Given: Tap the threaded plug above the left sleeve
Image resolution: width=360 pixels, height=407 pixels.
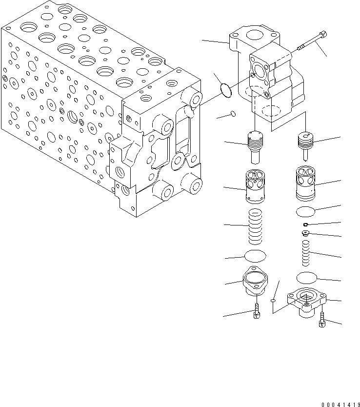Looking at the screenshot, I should [255, 144].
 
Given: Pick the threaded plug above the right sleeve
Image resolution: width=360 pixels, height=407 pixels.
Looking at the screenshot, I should [306, 145].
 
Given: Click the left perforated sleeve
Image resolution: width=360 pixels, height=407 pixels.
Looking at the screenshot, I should [255, 184].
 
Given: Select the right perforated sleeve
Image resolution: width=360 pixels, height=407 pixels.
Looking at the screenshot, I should [306, 183].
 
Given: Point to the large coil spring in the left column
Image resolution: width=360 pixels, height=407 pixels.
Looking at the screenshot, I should [255, 226].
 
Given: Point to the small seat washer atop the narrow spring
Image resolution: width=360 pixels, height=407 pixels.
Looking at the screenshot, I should [306, 234].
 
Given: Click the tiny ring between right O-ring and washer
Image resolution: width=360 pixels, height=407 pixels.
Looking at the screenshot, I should [305, 225].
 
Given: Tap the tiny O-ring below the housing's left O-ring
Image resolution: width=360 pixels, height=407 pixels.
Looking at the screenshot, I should [233, 114].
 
